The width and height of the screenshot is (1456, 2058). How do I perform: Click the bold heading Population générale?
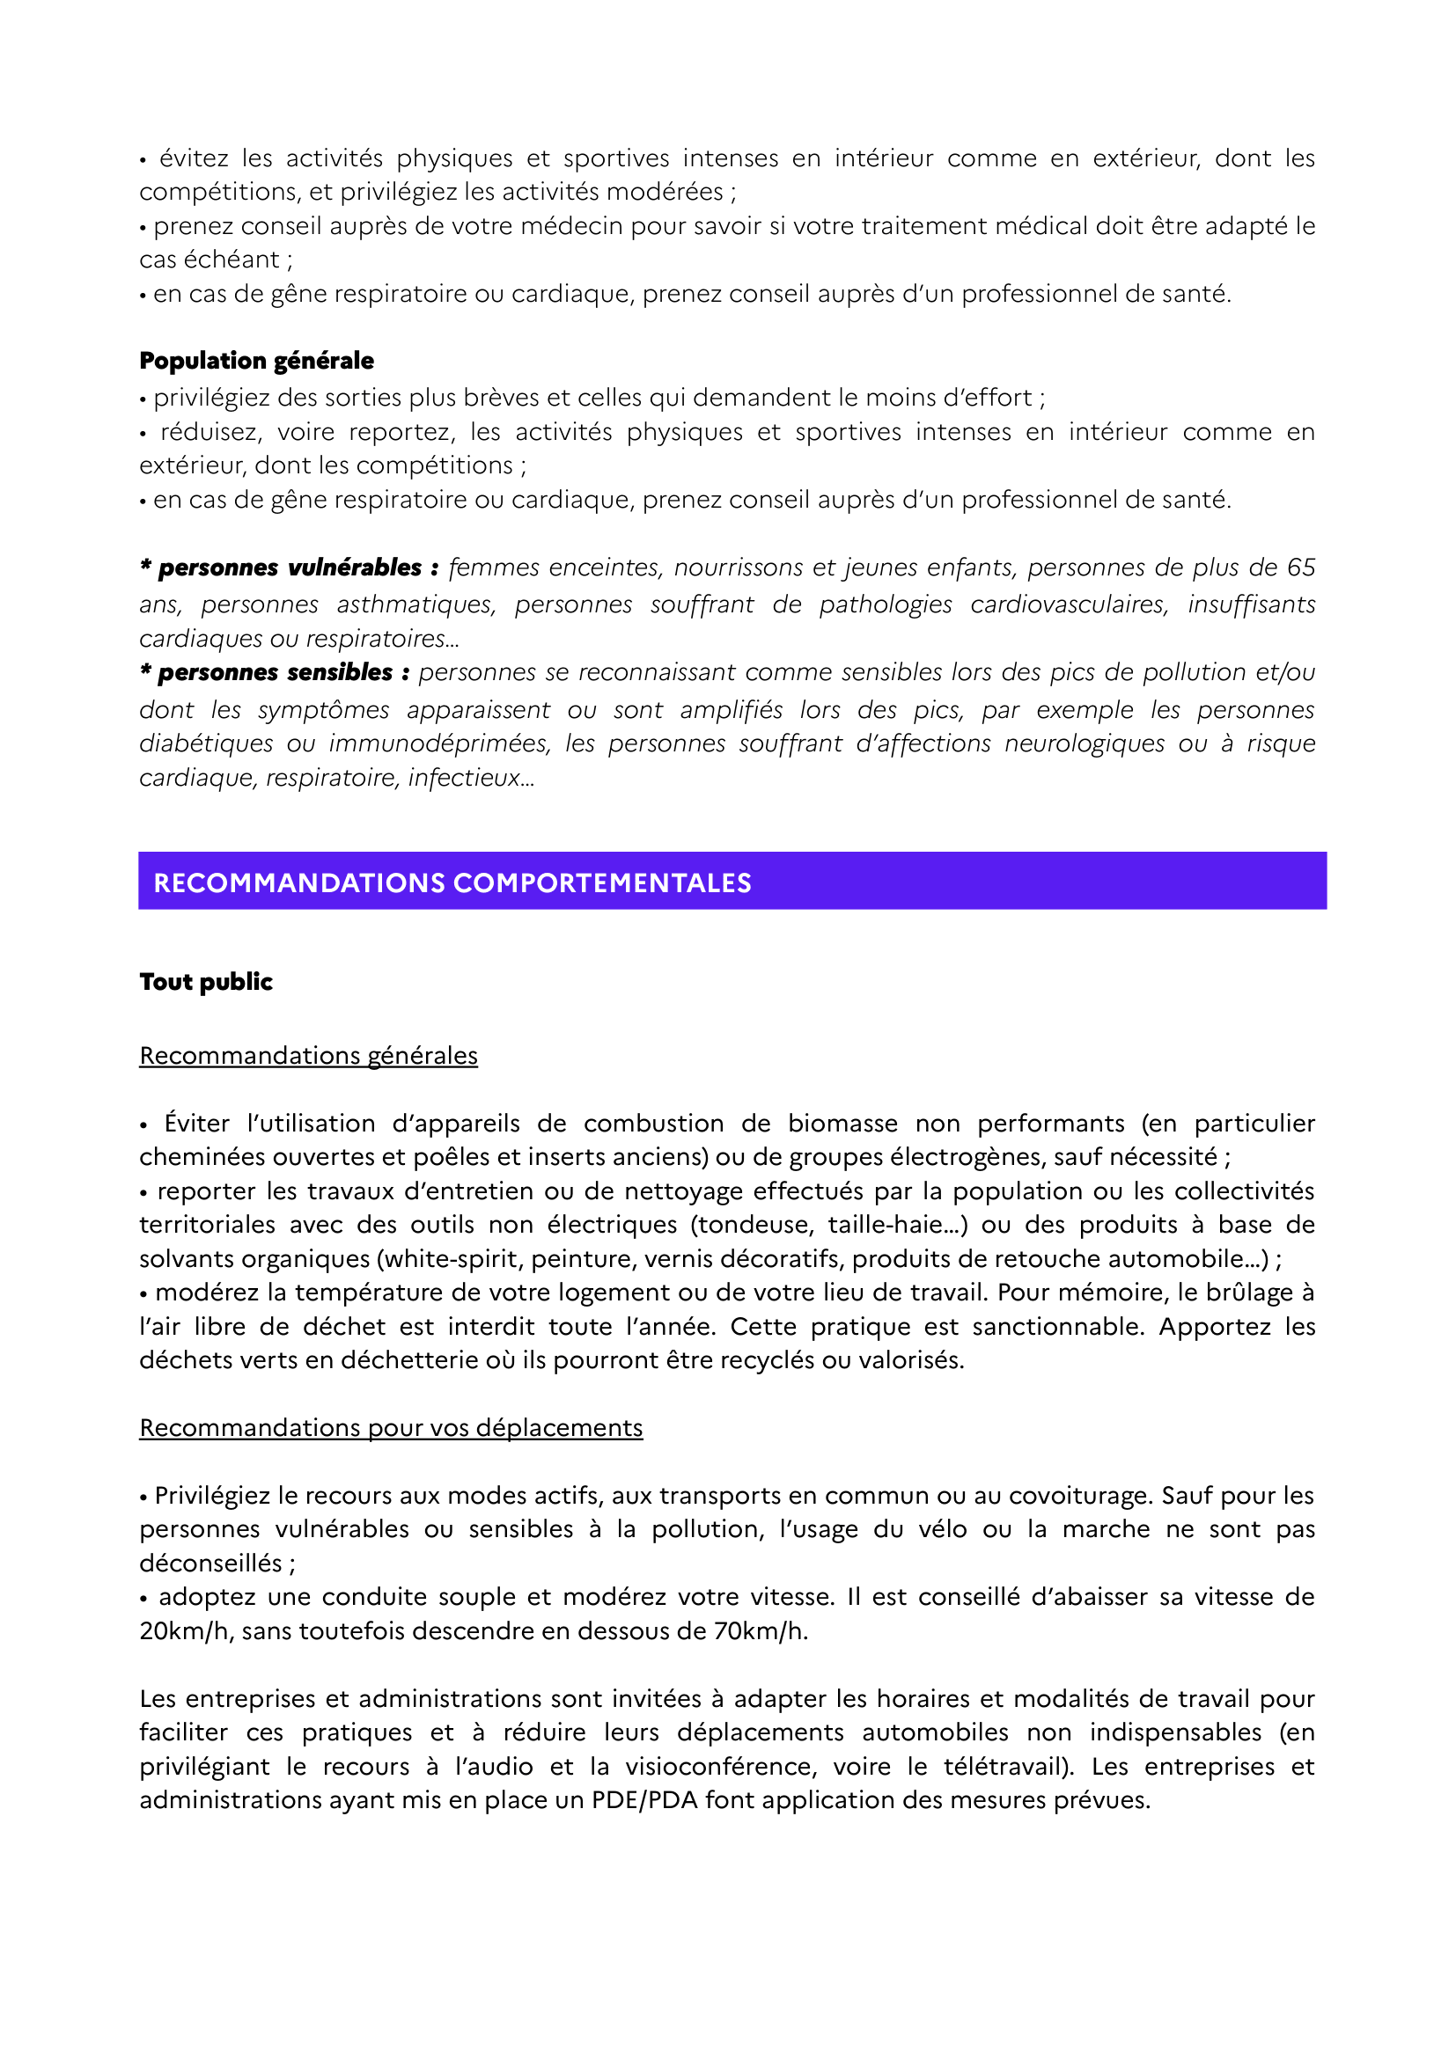click(x=256, y=361)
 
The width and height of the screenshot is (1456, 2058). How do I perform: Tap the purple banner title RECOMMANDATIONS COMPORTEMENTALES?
click(x=452, y=883)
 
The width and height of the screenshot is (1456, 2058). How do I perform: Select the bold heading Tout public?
click(x=205, y=982)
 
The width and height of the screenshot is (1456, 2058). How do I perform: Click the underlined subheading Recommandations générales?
click(x=308, y=1055)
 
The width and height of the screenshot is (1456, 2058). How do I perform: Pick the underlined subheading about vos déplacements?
click(x=391, y=1427)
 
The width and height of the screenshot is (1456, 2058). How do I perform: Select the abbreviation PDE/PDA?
click(x=643, y=1800)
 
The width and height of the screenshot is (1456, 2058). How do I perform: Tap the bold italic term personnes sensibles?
click(x=276, y=672)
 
